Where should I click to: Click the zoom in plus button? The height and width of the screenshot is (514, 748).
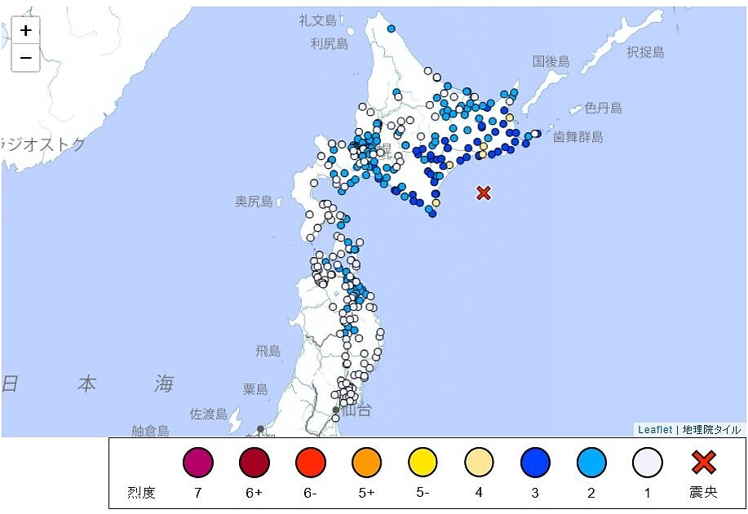tap(26, 31)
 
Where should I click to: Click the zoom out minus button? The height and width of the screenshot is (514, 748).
tap(26, 58)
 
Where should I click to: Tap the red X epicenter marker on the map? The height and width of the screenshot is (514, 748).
tap(484, 193)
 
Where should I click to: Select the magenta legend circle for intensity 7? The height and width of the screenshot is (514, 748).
tap(197, 463)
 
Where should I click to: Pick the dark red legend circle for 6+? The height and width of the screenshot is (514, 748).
tap(254, 463)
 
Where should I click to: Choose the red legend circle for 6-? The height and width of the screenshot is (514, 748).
tap(310, 463)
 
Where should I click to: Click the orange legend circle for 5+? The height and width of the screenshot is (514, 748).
tap(366, 463)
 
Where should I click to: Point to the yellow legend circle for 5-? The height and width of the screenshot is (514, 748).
tap(423, 463)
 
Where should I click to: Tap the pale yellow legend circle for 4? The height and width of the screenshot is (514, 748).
tap(479, 463)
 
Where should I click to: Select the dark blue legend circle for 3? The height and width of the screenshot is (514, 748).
tap(535, 463)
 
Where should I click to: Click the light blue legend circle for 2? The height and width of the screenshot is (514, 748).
tap(591, 463)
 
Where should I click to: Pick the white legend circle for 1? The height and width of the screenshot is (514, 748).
tap(647, 463)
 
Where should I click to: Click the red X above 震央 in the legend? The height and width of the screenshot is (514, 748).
tap(703, 463)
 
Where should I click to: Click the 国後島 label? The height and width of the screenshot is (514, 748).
tap(551, 62)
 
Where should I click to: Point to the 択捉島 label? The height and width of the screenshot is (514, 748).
tap(645, 53)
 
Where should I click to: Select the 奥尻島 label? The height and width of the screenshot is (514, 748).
tap(254, 202)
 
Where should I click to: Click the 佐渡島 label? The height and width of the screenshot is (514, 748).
tap(209, 414)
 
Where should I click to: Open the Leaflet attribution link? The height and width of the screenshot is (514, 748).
tap(655, 430)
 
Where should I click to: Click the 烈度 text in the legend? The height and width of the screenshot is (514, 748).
tap(141, 493)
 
